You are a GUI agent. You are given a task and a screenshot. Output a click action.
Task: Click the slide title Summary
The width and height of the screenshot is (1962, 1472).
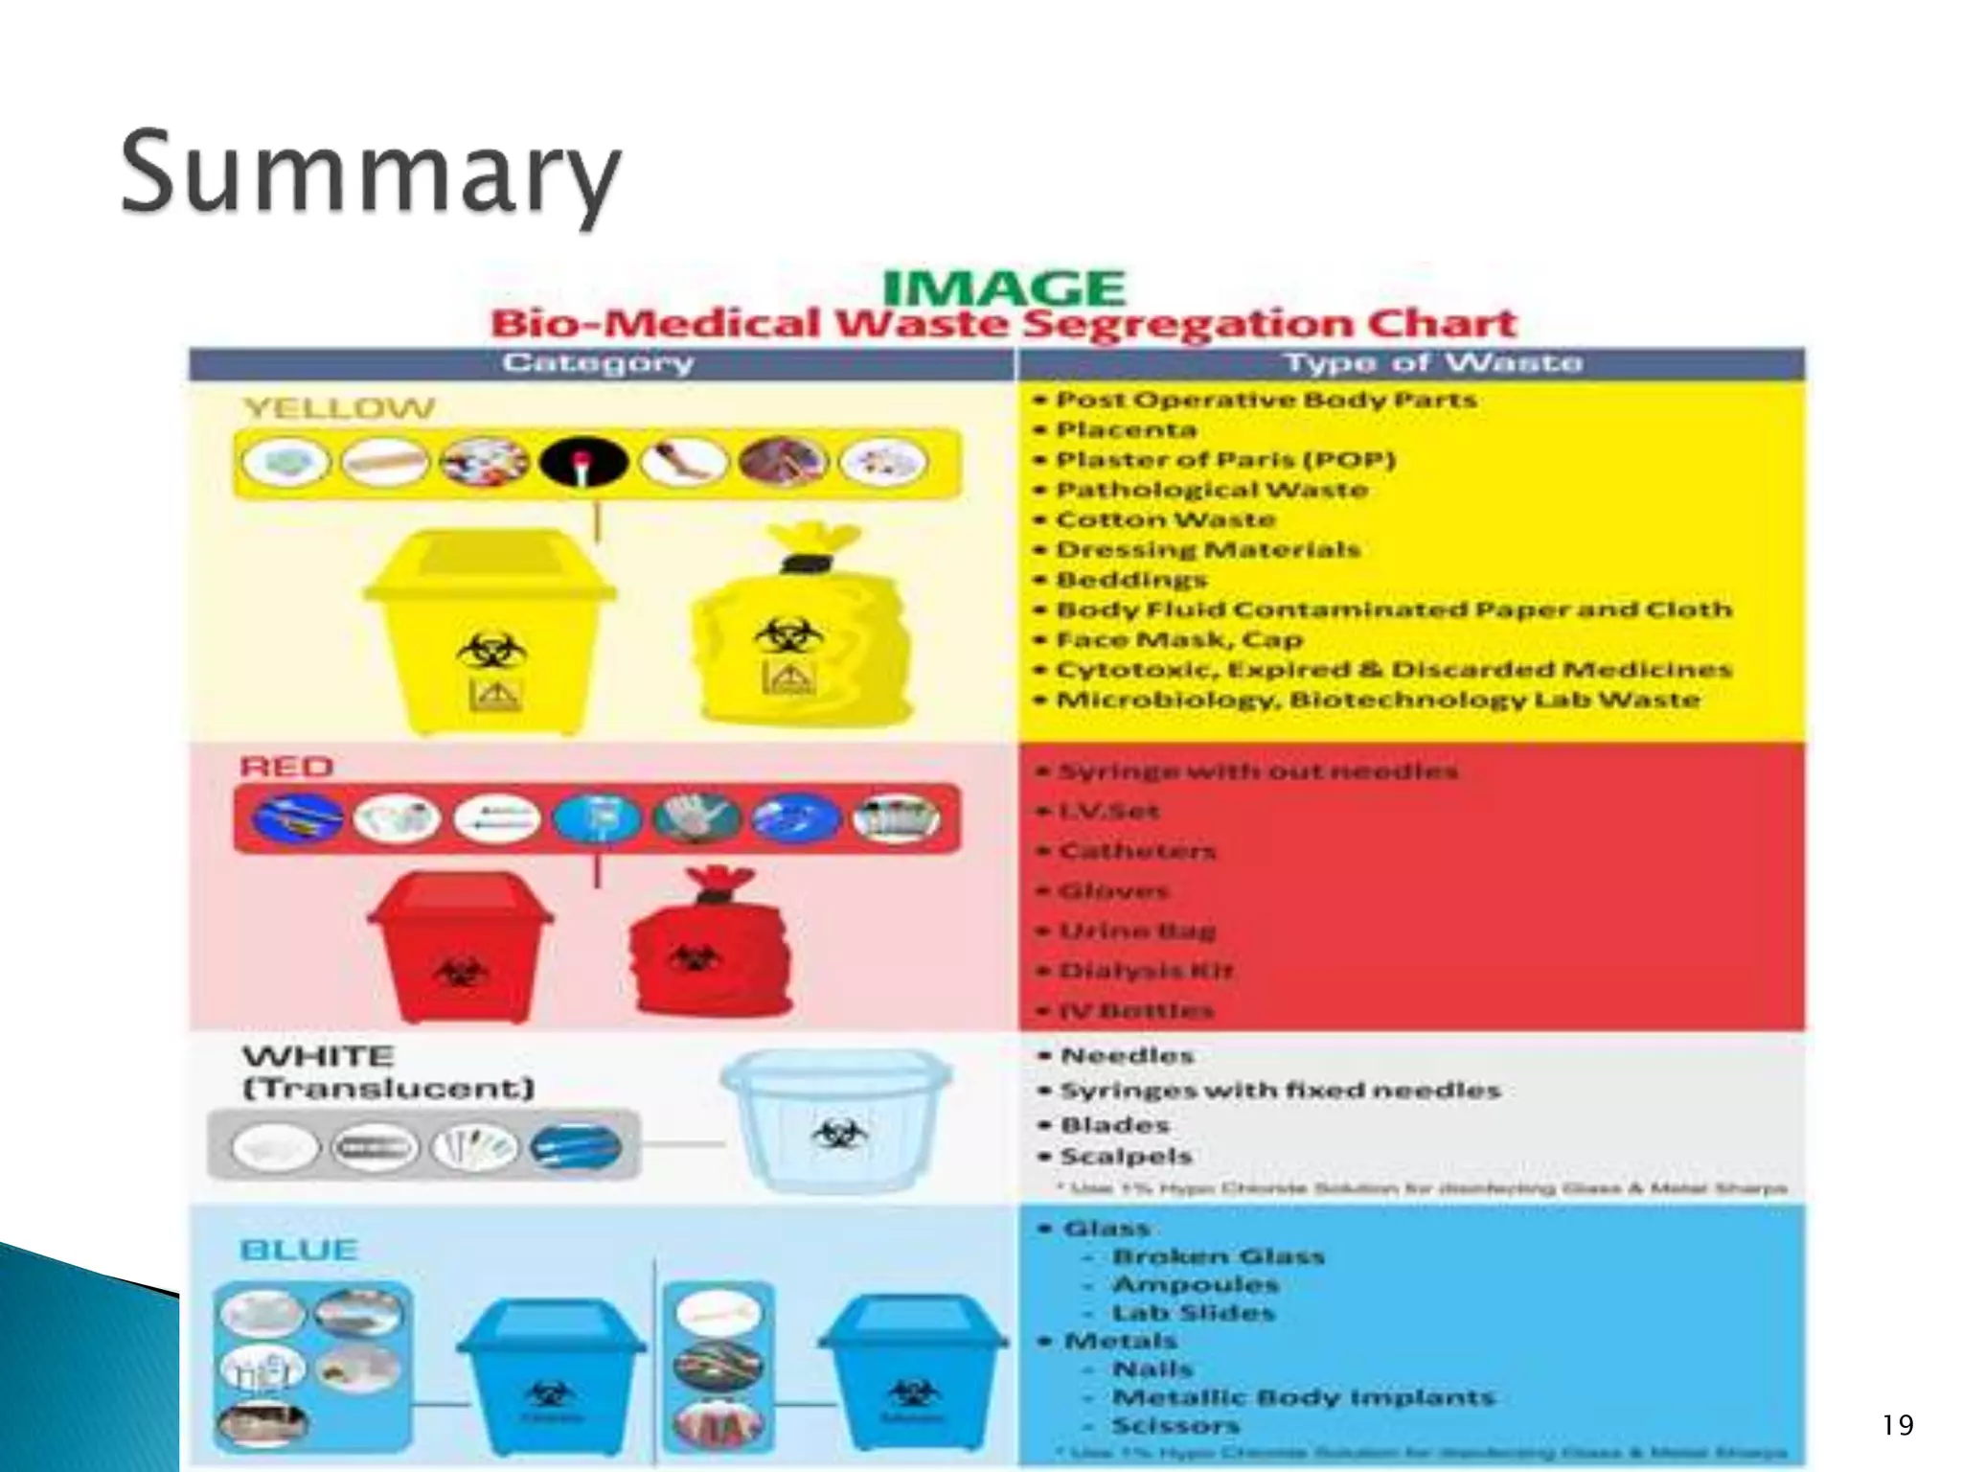371,174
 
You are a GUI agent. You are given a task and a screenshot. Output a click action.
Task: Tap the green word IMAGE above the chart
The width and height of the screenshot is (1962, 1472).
1003,287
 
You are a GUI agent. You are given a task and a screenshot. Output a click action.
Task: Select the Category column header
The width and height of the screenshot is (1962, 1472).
598,363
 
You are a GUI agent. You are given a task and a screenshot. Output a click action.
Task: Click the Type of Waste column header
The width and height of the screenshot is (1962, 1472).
1432,363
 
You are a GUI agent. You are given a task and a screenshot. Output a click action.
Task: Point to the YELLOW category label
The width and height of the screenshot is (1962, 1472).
339,408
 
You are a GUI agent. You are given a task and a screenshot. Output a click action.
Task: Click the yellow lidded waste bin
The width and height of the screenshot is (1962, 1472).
490,630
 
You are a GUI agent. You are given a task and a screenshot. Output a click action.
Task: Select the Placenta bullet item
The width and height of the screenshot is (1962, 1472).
1126,429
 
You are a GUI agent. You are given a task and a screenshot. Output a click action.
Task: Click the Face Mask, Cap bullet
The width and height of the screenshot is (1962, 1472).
1178,639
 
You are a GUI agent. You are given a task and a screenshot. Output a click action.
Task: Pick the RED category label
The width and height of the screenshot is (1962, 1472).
286,767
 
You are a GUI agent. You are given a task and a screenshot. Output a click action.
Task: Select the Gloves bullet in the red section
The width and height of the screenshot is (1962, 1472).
1113,891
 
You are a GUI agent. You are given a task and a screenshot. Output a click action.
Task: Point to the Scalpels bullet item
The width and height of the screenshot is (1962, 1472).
1126,1157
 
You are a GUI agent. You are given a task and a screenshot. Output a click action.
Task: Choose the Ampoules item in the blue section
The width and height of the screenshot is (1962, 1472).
1195,1284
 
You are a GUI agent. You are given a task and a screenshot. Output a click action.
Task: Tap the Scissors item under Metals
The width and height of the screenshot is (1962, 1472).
1175,1426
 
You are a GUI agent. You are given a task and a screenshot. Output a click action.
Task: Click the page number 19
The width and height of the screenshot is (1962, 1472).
1897,1425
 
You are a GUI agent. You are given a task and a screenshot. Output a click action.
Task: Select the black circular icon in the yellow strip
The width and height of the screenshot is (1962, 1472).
583,462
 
